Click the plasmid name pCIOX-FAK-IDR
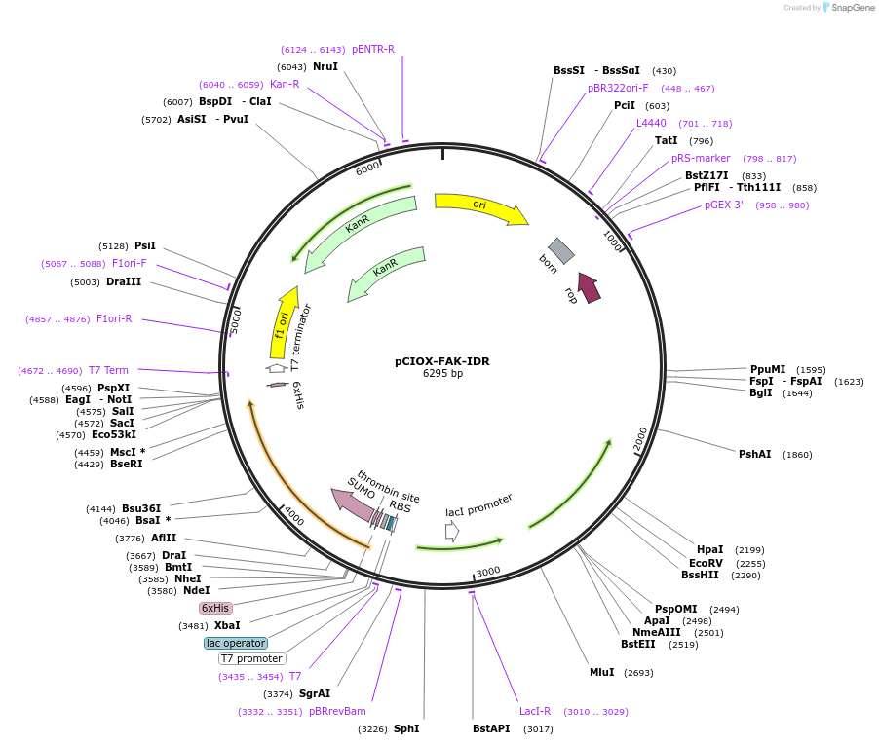coord(441,361)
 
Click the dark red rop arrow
coord(590,287)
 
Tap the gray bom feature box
coord(561,250)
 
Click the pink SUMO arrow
coord(353,505)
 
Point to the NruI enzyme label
coord(325,66)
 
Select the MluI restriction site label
coord(601,672)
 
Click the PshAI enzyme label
coord(754,454)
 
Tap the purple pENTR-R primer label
coord(373,50)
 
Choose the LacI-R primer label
coord(535,711)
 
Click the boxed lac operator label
coord(236,643)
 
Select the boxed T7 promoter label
coord(251,658)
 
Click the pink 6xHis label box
coord(215,608)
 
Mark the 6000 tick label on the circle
coord(367,168)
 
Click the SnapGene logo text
coord(852,7)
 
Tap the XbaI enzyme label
coord(227,625)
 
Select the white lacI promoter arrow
coord(452,531)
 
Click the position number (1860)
coord(797,454)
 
